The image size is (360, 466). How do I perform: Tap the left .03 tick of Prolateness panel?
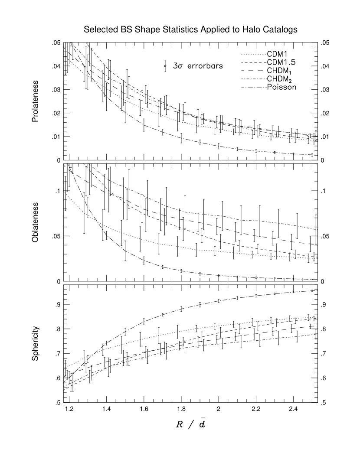tap(56, 90)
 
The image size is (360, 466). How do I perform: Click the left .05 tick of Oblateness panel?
tap(56, 236)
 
